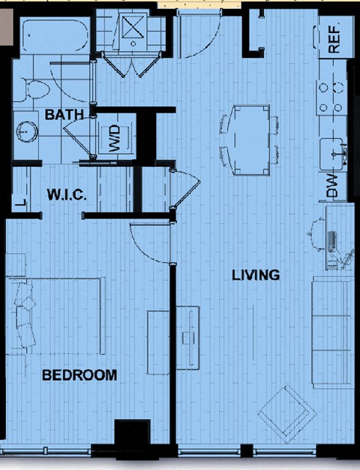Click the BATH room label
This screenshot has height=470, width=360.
pyautogui.click(x=64, y=115)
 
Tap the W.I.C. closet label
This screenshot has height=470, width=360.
pyautogui.click(x=67, y=195)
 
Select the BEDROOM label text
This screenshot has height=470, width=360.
pyautogui.click(x=79, y=375)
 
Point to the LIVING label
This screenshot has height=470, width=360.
pyautogui.click(x=256, y=275)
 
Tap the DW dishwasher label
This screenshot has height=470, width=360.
pyautogui.click(x=331, y=186)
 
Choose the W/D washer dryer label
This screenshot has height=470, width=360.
pyautogui.click(x=115, y=138)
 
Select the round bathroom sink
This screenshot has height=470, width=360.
pyautogui.click(x=27, y=131)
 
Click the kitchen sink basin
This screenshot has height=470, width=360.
pyautogui.click(x=331, y=155)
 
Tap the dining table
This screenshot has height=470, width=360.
pyautogui.click(x=251, y=140)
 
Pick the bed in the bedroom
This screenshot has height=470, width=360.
pyautogui.click(x=56, y=316)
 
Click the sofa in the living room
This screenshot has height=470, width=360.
pyautogui.click(x=331, y=333)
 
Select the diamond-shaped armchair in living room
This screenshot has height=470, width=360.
pyautogui.click(x=287, y=414)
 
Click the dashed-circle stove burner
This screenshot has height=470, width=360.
pyautogui.click(x=338, y=87)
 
